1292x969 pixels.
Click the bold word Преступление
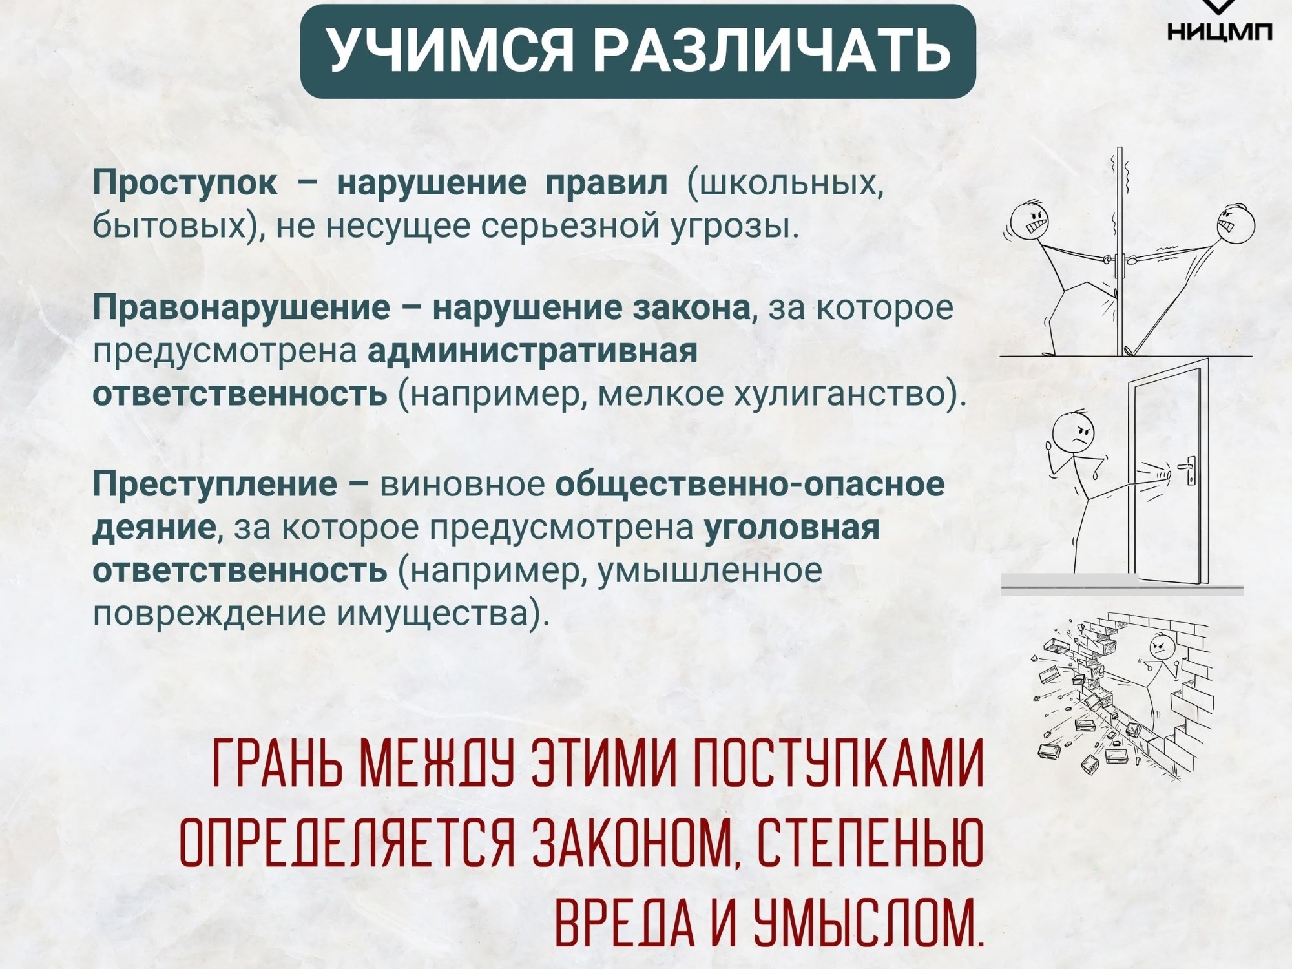(214, 484)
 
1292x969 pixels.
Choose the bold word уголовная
(791, 528)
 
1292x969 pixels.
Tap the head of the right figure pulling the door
(1235, 224)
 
